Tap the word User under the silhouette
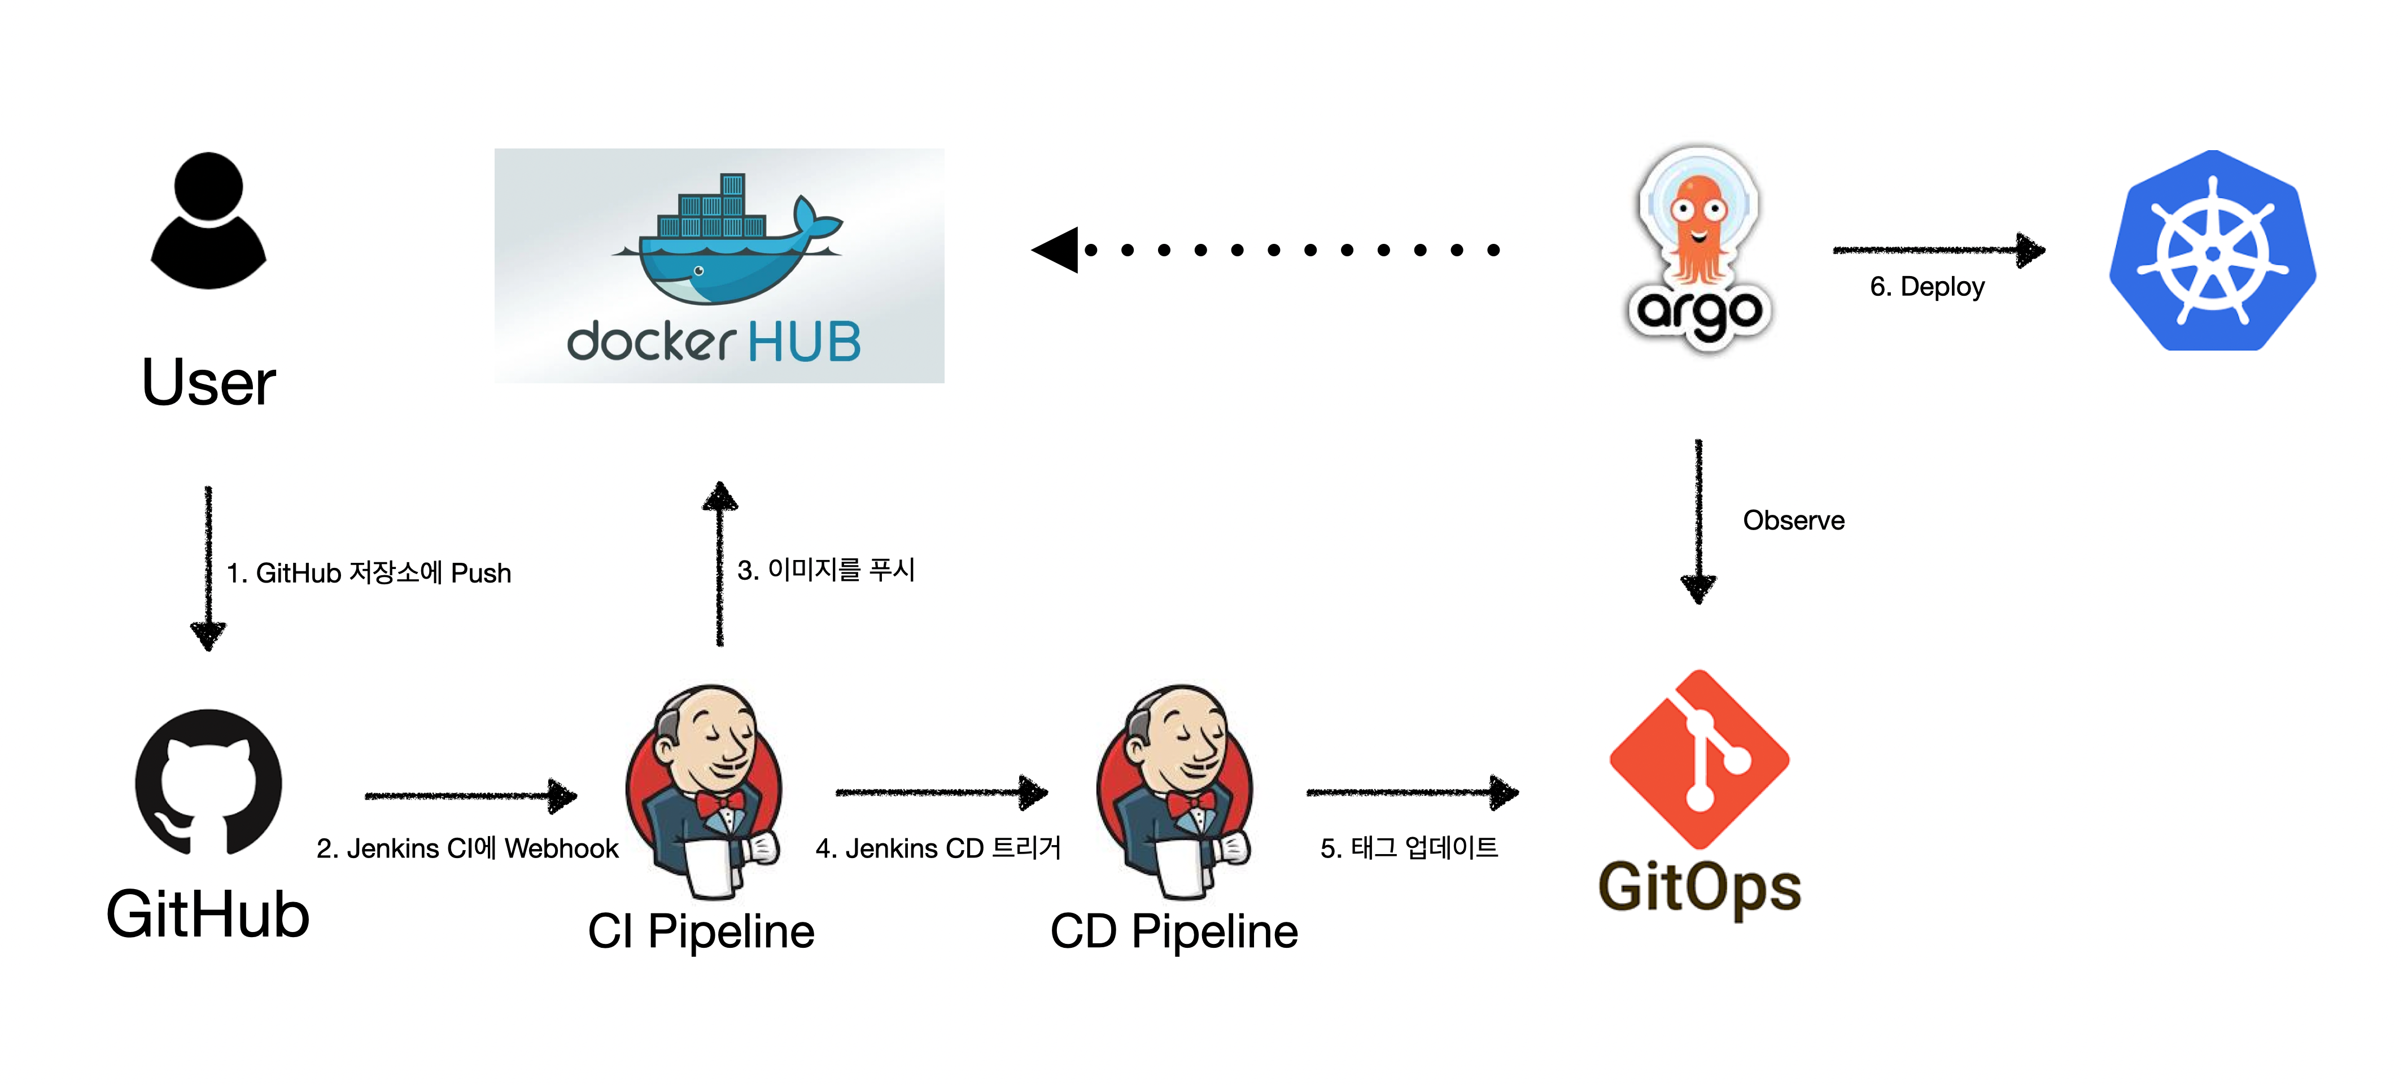209,383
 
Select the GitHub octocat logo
208,782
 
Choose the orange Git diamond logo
1699,758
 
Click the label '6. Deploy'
1926,286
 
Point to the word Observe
1793,520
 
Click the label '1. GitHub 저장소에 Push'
369,573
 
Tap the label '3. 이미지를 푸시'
825,569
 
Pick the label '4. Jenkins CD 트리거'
937,848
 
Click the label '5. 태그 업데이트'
1409,848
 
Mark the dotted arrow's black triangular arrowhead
1057,250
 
